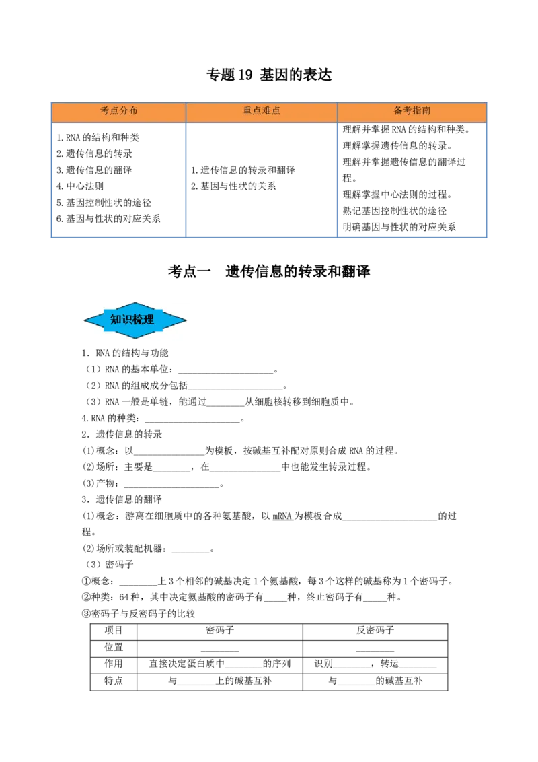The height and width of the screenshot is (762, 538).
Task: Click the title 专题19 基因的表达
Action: (269, 75)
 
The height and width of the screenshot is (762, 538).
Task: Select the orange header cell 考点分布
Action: (118, 111)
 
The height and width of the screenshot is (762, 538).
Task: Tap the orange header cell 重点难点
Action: (262, 111)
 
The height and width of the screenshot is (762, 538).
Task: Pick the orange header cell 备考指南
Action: (412, 111)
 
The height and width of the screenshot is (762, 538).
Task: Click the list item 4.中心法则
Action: (79, 186)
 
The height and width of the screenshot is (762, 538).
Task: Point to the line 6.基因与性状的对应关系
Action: (108, 219)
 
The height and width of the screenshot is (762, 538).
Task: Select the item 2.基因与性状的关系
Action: (233, 186)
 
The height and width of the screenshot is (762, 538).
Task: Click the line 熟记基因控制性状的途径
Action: (395, 211)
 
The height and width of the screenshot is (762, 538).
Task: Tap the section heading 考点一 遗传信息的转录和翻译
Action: (269, 271)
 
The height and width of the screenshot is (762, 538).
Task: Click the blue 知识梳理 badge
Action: (135, 320)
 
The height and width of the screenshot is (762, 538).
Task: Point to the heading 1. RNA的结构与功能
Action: (125, 353)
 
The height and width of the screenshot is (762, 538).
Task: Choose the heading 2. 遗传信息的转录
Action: (122, 434)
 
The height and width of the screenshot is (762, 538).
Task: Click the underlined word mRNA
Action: (282, 516)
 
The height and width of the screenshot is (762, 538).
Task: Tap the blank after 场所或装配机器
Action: (191, 550)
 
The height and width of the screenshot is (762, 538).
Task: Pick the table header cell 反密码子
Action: (375, 630)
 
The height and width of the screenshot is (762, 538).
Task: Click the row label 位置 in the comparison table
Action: (114, 647)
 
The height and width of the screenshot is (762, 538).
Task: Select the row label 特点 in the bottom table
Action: (114, 681)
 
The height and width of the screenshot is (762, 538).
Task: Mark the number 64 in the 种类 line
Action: (124, 597)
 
